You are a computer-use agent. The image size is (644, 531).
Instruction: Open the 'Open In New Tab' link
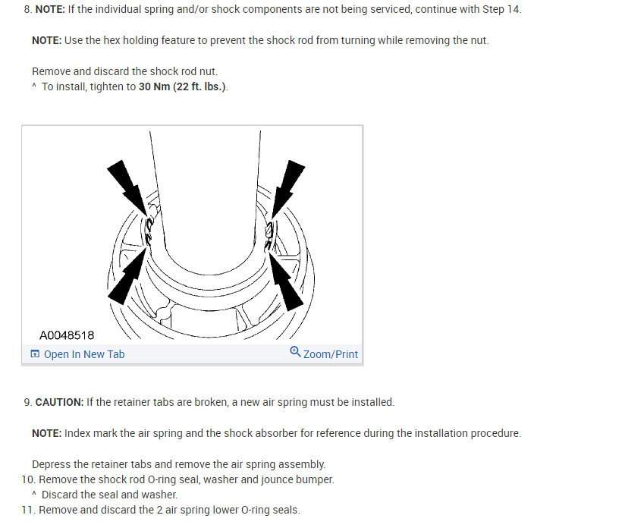click(84, 354)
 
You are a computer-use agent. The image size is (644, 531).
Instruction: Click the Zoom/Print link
click(330, 354)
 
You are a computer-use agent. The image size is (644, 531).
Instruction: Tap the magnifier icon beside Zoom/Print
click(296, 353)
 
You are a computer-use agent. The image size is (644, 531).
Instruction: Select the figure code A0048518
click(67, 335)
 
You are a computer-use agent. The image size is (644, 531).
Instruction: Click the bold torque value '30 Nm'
click(154, 86)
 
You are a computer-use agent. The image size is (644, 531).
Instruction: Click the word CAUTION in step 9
click(59, 402)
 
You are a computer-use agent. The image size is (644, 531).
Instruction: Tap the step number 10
click(28, 479)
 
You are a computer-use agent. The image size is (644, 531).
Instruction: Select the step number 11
click(28, 510)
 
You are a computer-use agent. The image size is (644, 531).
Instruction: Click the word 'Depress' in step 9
click(52, 463)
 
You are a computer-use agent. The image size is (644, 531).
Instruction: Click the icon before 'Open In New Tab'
click(35, 354)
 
